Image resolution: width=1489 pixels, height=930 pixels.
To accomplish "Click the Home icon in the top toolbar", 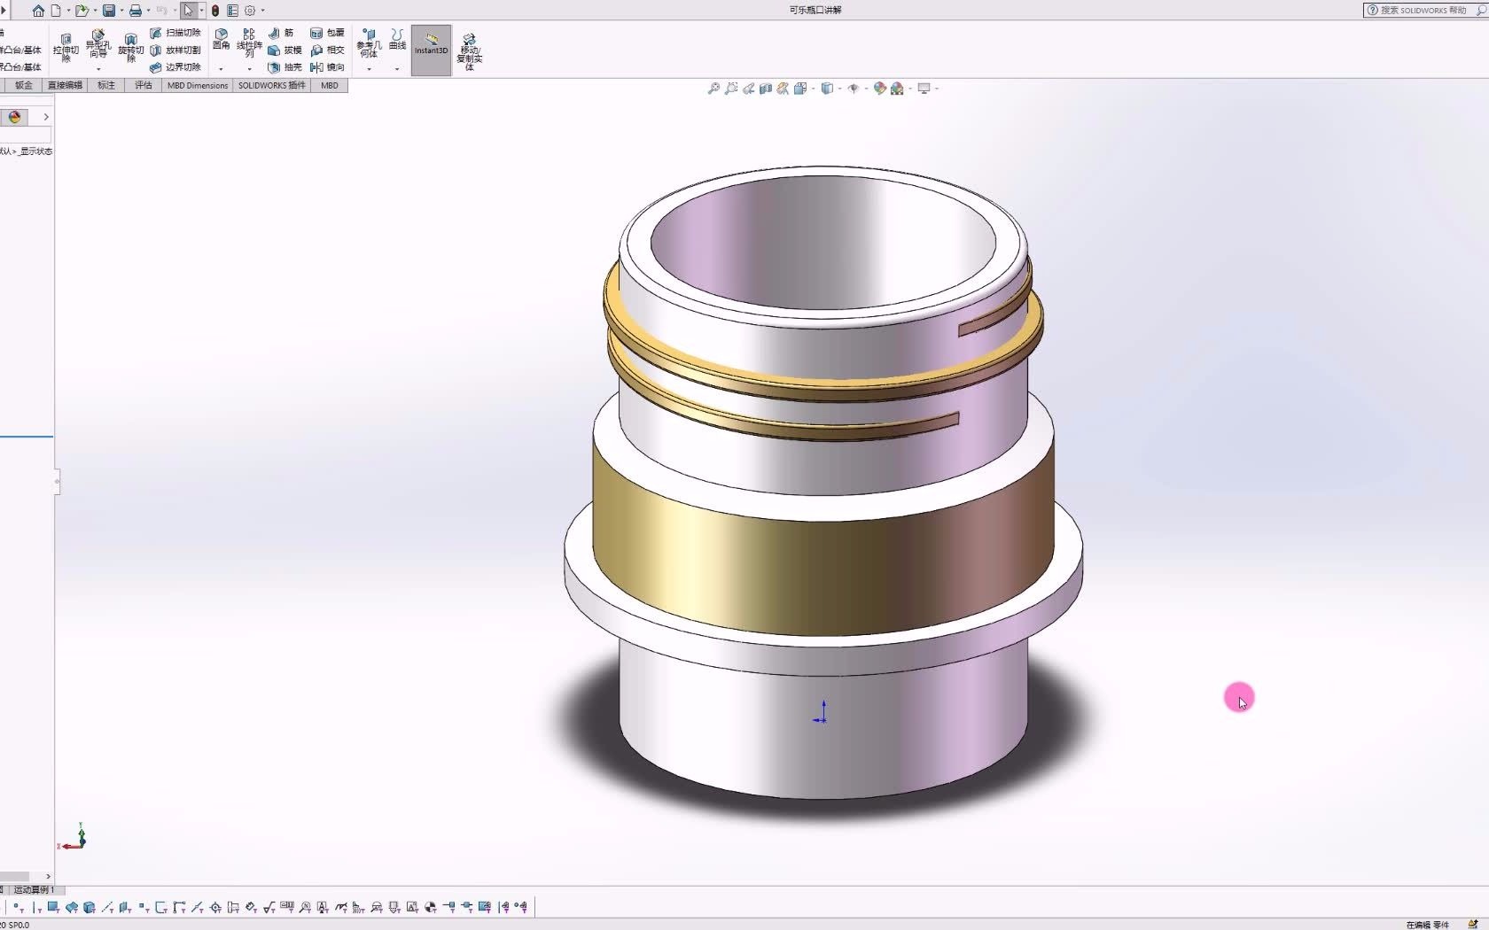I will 38,11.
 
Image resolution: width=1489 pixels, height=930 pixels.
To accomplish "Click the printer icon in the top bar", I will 136,11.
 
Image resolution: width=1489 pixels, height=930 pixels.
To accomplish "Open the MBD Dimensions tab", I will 198,86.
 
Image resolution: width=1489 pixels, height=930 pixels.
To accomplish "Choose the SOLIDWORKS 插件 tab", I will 271,86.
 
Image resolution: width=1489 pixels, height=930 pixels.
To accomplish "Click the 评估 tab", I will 144,86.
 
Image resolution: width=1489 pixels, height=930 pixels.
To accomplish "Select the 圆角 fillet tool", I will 222,39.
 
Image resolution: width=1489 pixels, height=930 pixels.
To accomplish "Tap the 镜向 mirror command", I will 327,67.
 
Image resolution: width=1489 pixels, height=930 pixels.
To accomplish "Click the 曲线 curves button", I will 397,39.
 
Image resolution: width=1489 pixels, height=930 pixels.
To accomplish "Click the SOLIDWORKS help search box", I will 1423,11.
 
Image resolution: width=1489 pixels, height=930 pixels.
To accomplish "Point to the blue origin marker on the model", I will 822,714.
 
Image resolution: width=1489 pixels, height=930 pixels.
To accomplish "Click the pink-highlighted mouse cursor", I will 1240,699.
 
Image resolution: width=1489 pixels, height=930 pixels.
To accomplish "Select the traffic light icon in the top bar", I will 215,11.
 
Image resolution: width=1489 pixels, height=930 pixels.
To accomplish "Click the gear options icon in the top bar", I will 250,11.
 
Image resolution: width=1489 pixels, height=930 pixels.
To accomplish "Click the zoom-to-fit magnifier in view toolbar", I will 713,89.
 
